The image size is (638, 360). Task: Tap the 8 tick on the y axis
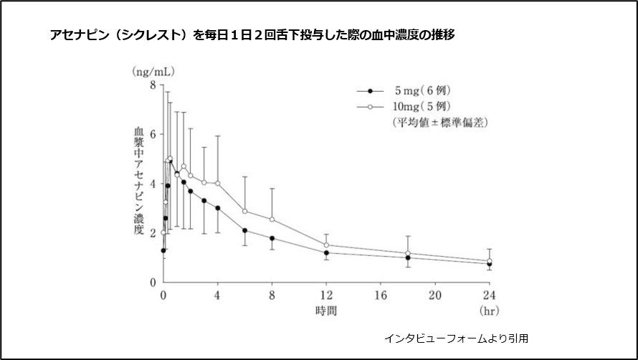tap(152, 85)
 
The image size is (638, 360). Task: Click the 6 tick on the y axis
tap(152, 134)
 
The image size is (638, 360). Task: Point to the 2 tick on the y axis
tap(152, 233)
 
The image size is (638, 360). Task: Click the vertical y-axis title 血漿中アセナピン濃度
tap(138, 182)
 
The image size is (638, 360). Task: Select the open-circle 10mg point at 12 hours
tap(326, 245)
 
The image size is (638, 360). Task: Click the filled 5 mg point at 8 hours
tap(272, 238)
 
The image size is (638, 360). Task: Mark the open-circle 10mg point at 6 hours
tap(245, 211)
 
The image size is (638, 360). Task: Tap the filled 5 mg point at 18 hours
tap(408, 257)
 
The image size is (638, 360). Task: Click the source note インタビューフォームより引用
tap(456, 337)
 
